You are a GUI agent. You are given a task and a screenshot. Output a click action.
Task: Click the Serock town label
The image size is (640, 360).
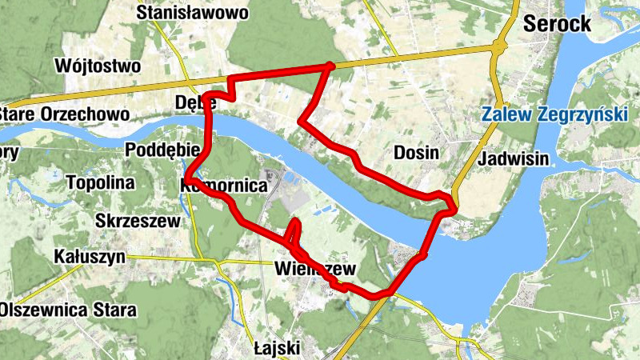pyautogui.click(x=558, y=24)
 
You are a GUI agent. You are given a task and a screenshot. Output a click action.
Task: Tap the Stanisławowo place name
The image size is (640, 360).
pyautogui.click(x=193, y=13)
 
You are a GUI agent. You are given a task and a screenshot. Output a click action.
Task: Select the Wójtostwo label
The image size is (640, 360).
pyautogui.click(x=99, y=65)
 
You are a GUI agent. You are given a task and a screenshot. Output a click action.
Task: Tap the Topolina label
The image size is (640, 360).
pyautogui.click(x=99, y=182)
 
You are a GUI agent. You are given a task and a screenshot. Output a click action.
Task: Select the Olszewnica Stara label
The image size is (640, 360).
pyautogui.click(x=69, y=309)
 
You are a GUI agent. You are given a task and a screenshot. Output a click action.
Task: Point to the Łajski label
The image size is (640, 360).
pyautogui.click(x=276, y=348)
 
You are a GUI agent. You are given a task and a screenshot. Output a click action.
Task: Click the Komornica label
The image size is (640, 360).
pyautogui.click(x=224, y=185)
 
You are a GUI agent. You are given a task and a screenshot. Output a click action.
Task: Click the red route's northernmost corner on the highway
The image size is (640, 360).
pyautogui.click(x=330, y=65)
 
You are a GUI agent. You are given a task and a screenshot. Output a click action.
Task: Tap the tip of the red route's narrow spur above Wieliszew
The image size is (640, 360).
pyautogui.click(x=295, y=220)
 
